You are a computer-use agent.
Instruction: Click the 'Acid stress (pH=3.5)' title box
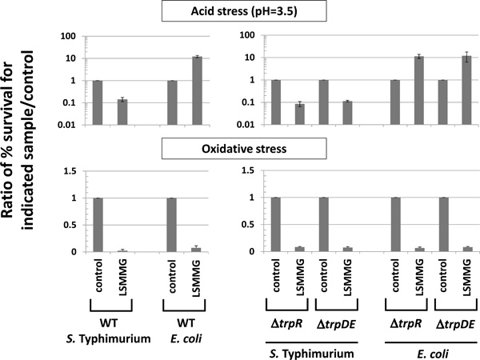point(240,12)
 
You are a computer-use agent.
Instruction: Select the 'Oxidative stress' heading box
point(240,149)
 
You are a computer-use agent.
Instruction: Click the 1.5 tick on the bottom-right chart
point(254,171)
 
